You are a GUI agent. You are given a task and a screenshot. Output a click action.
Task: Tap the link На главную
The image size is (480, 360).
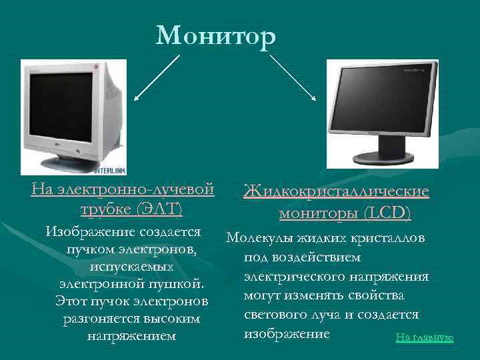425,337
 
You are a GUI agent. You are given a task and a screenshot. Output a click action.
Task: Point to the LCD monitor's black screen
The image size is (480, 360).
381,97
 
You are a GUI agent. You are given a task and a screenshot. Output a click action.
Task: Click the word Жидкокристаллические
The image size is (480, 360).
337,192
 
